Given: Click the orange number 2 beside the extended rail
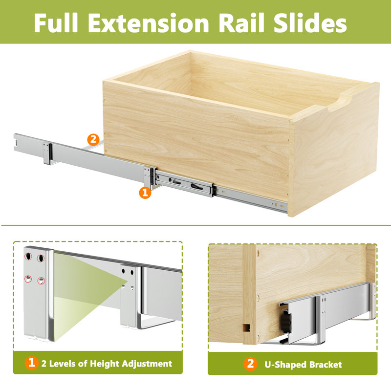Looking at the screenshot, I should [90, 139].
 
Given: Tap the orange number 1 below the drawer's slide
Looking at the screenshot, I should [145, 193].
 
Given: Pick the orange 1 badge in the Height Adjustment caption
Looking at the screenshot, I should [32, 363].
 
